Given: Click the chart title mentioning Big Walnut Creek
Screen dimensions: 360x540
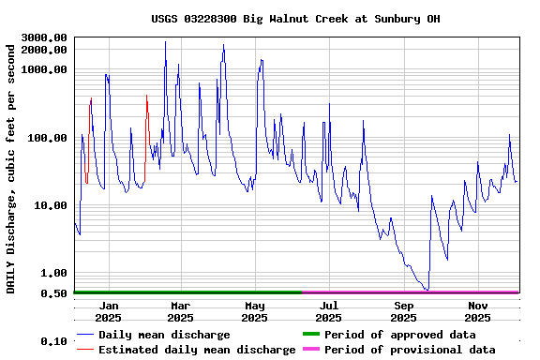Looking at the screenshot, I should [x=295, y=19].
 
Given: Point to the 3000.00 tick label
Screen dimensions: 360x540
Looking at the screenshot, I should [x=44, y=37].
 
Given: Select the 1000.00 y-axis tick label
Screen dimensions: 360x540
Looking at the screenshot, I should [x=44, y=69].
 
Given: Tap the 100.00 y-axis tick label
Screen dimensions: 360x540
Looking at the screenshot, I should [x=47, y=138].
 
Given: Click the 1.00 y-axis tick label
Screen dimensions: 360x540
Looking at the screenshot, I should [x=53, y=273].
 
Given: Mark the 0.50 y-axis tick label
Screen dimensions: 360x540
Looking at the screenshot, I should [x=53, y=293].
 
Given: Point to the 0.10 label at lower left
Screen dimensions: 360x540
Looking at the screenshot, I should [x=53, y=342].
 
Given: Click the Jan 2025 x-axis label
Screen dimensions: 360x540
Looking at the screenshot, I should [x=109, y=311].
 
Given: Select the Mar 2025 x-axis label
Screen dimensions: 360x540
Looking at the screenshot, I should [x=181, y=311].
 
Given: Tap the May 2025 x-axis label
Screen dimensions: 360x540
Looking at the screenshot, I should [x=255, y=311].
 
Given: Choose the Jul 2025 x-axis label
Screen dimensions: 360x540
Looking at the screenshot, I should [x=329, y=311].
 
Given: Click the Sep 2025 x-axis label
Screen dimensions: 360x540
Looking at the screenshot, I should [x=404, y=311].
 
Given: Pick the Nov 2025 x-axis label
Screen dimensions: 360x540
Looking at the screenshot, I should [x=478, y=311].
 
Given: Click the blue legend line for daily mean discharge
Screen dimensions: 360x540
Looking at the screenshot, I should [x=85, y=335].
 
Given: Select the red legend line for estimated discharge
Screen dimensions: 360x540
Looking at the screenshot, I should [x=85, y=350].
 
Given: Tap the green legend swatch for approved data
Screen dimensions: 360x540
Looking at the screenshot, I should [x=310, y=335].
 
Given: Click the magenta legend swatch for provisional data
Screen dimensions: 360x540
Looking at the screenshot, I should [x=310, y=350].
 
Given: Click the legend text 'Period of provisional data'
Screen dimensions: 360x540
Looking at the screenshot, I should [x=410, y=350].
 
